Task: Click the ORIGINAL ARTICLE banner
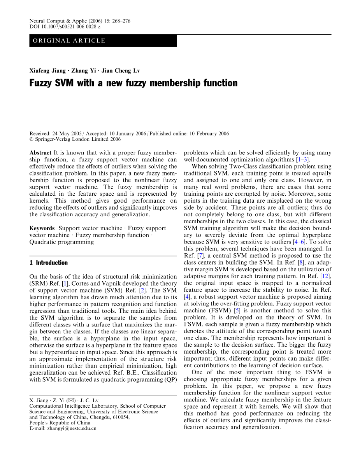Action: [103, 41]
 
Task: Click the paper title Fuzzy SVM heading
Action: [133, 83]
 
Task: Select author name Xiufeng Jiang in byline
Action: [47, 71]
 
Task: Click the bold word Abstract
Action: [40, 153]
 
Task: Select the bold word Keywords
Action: [42, 228]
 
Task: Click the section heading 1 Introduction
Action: [49, 263]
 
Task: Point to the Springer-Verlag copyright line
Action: [75, 139]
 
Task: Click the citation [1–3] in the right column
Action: [302, 160]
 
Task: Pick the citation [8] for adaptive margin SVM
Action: [299, 262]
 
